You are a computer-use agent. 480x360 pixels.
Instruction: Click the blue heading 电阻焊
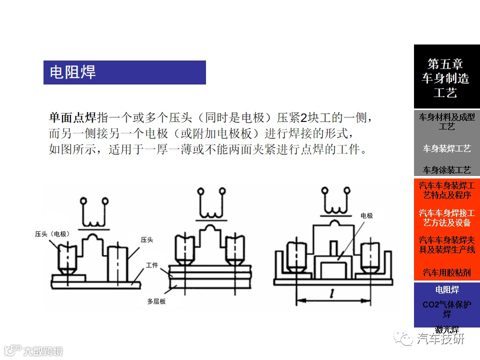click(73, 72)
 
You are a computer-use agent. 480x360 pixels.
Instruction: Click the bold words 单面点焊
click(72, 118)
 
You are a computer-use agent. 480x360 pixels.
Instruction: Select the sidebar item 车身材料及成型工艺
click(446, 121)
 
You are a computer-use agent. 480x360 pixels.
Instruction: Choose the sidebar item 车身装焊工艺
click(446, 148)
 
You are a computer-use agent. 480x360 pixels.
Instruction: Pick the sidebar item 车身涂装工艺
click(446, 170)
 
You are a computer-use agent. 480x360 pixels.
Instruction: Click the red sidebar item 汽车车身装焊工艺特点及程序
click(446, 190)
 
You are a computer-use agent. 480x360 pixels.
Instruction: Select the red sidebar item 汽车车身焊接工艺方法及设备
click(446, 217)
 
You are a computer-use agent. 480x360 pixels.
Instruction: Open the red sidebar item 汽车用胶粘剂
click(446, 272)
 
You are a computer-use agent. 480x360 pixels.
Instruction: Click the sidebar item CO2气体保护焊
click(446, 309)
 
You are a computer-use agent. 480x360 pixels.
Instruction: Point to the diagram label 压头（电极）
click(51, 233)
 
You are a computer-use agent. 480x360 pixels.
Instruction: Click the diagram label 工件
click(152, 265)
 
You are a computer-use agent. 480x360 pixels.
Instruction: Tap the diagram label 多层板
click(156, 301)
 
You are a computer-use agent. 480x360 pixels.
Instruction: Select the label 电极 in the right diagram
click(366, 215)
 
